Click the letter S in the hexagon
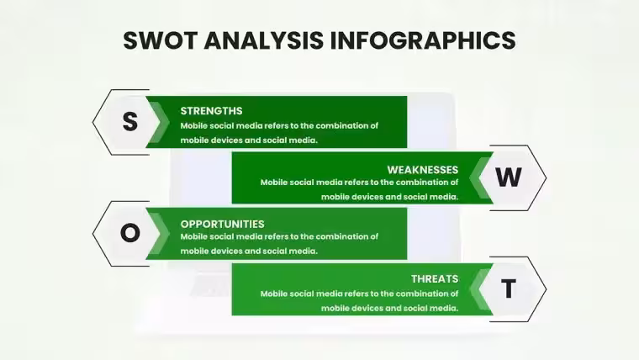(x=130, y=121)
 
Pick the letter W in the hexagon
(x=509, y=177)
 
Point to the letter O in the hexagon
(x=130, y=233)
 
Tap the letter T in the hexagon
(x=509, y=289)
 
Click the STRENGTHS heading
(x=211, y=111)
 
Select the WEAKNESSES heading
(x=423, y=170)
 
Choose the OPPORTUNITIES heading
(x=222, y=224)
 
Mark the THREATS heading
(x=435, y=279)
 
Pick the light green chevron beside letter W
(x=479, y=177)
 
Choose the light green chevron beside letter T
(x=479, y=289)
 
